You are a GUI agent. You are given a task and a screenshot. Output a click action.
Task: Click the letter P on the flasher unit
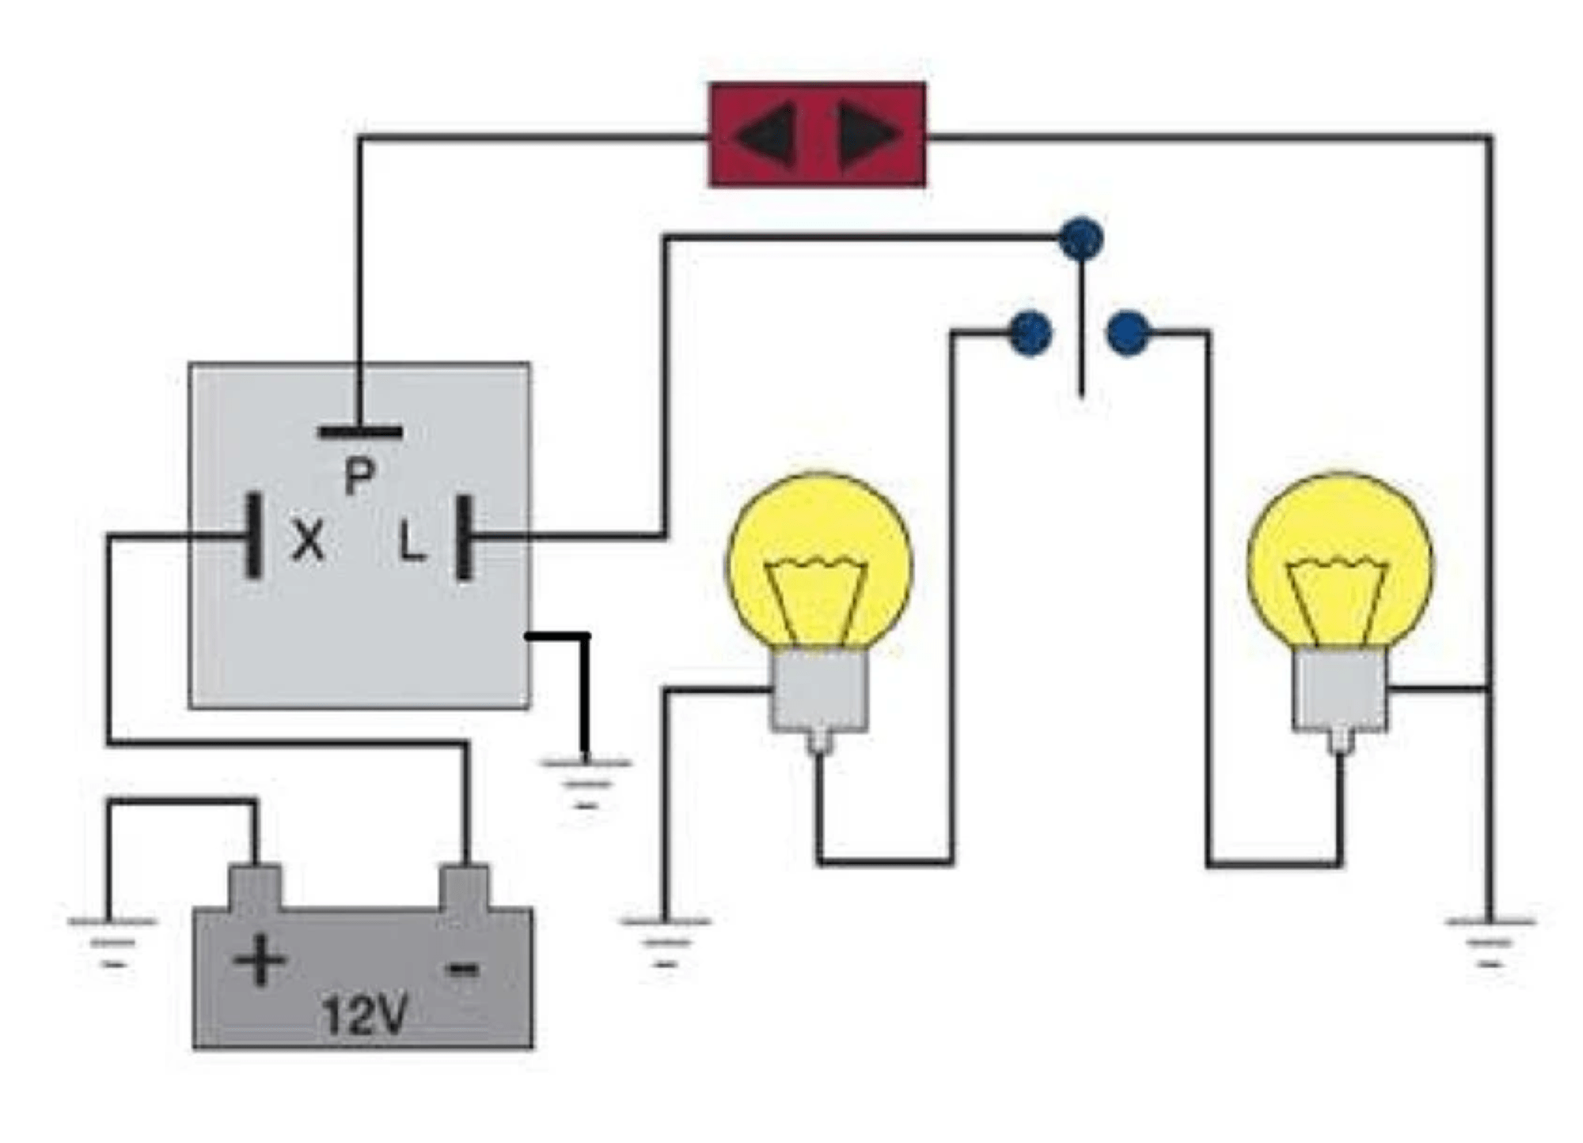[x=359, y=477]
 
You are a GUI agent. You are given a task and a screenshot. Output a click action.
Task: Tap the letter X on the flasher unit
[x=308, y=541]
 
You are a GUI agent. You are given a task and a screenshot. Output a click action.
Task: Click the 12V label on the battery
[x=365, y=1014]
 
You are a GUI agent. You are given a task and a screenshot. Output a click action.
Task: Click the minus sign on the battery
[x=462, y=967]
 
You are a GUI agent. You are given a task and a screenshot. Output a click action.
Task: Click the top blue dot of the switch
[x=1081, y=237]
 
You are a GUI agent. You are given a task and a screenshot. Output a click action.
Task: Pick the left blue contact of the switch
[x=1031, y=333]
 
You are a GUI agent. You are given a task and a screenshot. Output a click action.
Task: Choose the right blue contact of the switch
[x=1128, y=333]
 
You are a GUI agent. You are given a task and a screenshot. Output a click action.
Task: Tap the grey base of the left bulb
[x=819, y=689]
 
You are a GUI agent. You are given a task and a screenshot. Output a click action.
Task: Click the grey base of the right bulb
[x=1340, y=689]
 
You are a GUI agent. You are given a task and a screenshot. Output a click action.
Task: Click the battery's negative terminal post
[x=465, y=887]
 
